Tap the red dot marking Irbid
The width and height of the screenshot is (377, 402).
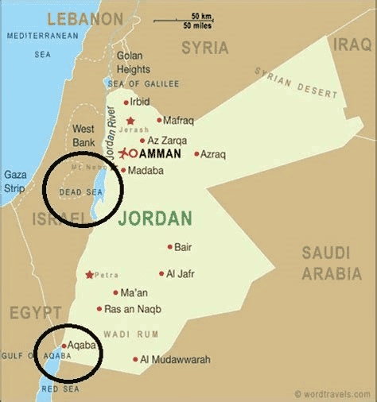(126, 102)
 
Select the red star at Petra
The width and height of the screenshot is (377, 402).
(90, 275)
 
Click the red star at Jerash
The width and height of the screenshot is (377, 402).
(130, 121)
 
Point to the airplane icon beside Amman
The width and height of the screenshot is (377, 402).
(124, 153)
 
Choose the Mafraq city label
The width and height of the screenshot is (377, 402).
(178, 121)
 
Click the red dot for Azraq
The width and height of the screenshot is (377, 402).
(196, 153)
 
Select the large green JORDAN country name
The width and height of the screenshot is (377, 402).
(154, 218)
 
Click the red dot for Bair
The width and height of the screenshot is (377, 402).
(169, 247)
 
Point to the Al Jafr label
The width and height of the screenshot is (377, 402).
(181, 274)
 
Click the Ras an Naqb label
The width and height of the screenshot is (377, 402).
(133, 309)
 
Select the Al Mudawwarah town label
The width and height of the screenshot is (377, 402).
(175, 360)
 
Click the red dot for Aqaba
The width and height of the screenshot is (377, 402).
(63, 346)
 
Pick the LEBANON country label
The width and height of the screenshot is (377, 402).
(85, 18)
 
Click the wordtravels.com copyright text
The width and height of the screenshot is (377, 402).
(331, 393)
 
